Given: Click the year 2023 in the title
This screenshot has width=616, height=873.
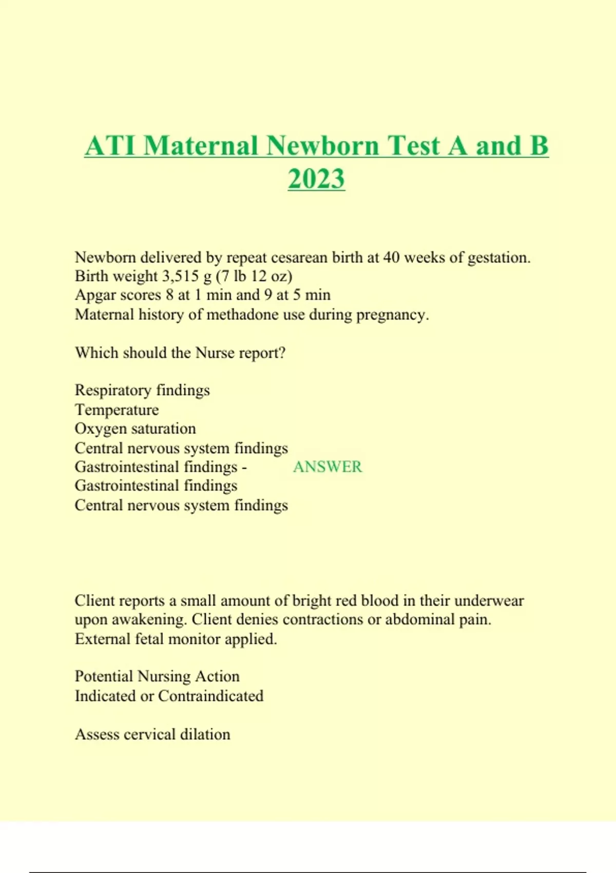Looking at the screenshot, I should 316,179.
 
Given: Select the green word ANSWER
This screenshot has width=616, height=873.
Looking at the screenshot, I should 328,467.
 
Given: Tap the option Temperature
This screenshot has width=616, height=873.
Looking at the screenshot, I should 117,410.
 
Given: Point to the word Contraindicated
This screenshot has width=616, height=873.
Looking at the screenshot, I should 210,696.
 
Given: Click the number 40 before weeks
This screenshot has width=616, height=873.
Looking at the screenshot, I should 392,257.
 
